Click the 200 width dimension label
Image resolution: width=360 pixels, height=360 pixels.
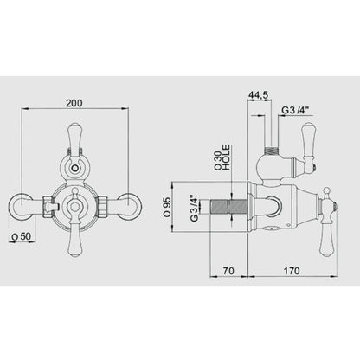pos(74,103)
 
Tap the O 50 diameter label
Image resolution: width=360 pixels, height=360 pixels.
pos(21,236)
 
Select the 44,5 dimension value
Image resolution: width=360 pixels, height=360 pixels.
pos(259,94)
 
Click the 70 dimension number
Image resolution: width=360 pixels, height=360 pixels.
pos(228,271)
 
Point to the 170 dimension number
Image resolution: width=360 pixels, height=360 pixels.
pos(292,271)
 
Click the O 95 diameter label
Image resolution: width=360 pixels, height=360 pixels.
pos(166,207)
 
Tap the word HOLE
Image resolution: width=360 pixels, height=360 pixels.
pos(227,157)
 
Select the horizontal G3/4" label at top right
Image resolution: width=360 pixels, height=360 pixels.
pos(295,110)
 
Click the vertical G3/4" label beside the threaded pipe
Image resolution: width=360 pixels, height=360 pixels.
pos(195,208)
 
